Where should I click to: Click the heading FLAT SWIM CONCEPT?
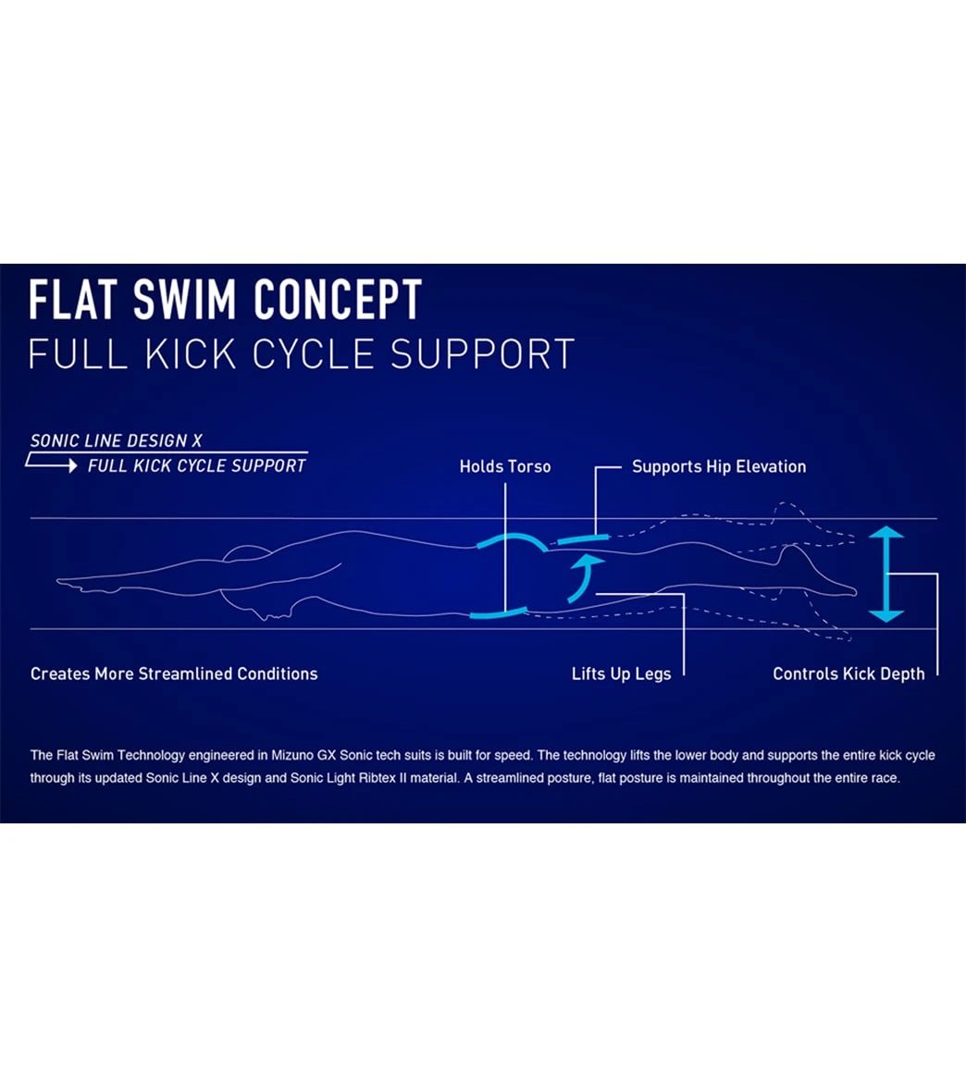coord(225,300)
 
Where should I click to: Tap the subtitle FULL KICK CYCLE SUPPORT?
coord(302,354)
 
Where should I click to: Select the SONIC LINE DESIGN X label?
coord(117,440)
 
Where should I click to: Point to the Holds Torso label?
coord(505,466)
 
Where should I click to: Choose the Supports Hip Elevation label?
coord(719,466)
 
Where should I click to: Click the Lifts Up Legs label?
coord(621,674)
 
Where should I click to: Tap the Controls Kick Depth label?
coord(848,674)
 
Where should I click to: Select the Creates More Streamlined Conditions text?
coord(174,674)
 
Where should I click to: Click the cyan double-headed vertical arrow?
coord(885,574)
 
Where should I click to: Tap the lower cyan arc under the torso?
coord(499,612)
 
